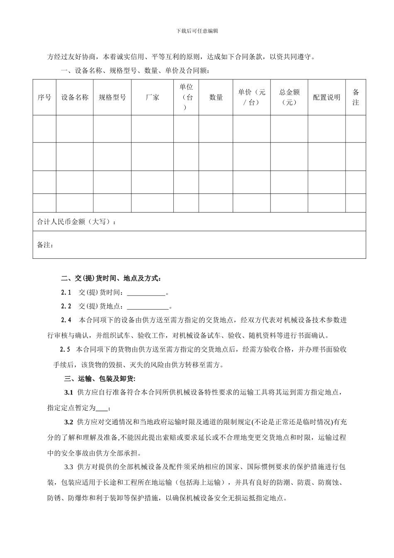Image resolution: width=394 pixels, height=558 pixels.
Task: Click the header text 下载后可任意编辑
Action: tap(197, 31)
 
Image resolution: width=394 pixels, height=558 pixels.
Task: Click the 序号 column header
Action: tap(44, 98)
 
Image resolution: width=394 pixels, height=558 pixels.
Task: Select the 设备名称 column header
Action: tap(75, 98)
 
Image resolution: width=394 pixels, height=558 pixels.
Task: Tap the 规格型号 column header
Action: tap(112, 98)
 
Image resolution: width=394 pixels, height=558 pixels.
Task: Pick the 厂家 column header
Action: tap(152, 98)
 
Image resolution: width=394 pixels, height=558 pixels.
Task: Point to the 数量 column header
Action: tap(216, 98)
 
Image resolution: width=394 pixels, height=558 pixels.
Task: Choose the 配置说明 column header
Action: tap(326, 98)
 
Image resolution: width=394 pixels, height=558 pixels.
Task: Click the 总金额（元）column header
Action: tap(289, 98)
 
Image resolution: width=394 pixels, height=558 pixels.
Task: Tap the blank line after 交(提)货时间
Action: tap(146, 293)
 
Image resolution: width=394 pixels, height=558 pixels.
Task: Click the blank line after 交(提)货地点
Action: tap(148, 307)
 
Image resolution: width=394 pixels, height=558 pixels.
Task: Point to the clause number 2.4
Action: tap(66, 321)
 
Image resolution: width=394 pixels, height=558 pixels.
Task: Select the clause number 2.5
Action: tap(65, 350)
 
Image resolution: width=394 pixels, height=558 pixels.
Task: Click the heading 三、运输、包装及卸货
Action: tap(100, 379)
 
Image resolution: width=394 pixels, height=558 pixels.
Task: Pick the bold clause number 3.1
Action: tap(69, 393)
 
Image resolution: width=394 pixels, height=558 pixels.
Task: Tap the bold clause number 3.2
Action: tap(69, 423)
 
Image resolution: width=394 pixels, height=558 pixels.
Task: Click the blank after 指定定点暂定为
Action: tap(102, 408)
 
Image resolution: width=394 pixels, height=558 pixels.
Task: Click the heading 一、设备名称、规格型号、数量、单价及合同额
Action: tap(135, 71)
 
